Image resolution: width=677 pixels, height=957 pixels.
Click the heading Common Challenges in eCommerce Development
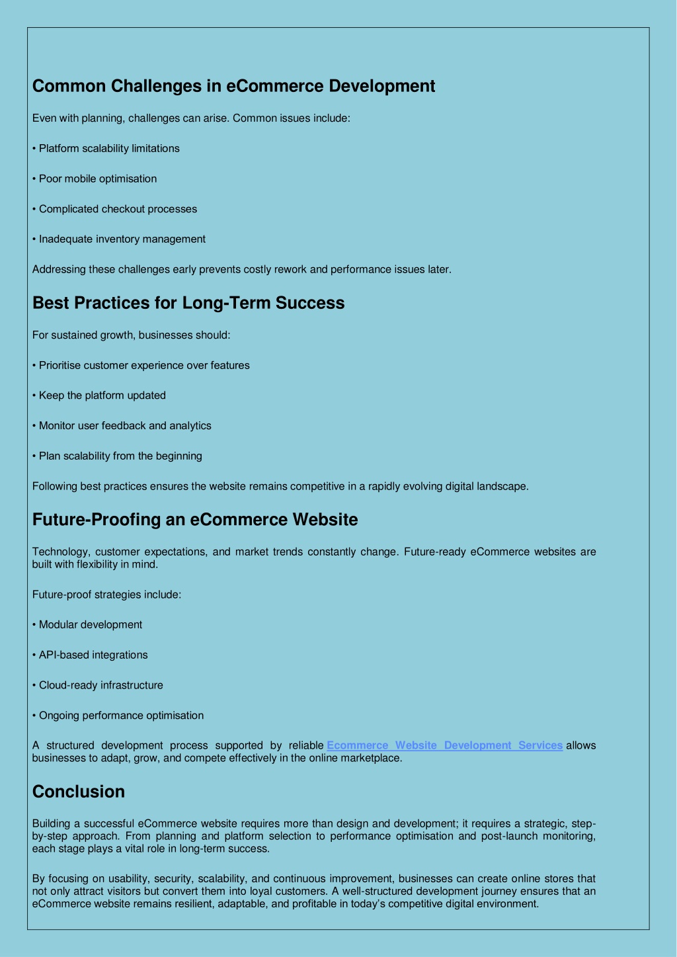coord(233,86)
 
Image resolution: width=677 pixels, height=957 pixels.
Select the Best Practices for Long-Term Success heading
coord(188,303)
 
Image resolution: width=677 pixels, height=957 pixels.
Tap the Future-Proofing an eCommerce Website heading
coord(195,520)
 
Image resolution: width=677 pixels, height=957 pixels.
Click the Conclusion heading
coord(79,792)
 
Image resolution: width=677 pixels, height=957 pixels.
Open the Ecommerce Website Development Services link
coord(444,745)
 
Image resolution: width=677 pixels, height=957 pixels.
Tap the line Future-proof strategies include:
coord(106,595)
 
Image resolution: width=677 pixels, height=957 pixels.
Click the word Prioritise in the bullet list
coord(60,366)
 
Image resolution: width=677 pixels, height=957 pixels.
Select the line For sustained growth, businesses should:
coord(131,335)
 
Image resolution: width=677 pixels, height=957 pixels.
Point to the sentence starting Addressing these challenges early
coord(241,270)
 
